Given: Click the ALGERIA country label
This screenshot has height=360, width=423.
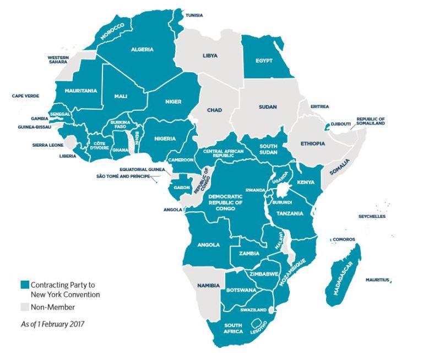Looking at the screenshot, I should click(142, 49).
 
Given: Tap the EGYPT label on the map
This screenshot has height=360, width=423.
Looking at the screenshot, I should click(264, 60).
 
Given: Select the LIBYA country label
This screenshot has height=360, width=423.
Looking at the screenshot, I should click(210, 56).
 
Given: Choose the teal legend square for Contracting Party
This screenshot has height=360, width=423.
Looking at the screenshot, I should click(24, 285).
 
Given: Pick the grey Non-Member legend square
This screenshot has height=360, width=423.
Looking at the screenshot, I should click(24, 307).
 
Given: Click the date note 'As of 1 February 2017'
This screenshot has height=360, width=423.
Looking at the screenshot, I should click(50, 324).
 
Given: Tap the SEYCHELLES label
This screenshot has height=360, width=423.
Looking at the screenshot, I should click(371, 216).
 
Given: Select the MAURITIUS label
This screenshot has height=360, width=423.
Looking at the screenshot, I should click(377, 280).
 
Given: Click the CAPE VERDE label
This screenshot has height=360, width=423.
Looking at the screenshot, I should click(25, 96).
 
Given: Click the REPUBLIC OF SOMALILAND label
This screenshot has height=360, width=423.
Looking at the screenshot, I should click(370, 121).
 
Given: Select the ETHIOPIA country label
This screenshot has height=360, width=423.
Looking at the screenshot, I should click(313, 143).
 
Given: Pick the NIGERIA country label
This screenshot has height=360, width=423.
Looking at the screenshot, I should click(165, 138).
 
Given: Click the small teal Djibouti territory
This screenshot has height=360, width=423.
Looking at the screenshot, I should click(329, 126).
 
